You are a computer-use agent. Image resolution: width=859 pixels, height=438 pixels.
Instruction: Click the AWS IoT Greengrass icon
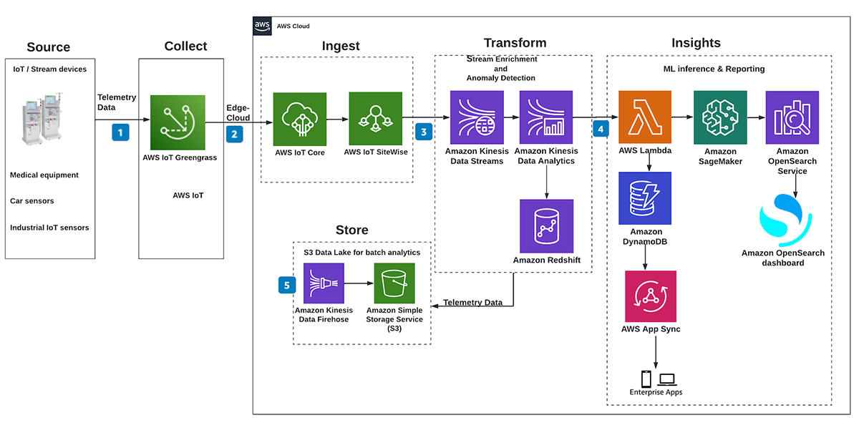pos(178,122)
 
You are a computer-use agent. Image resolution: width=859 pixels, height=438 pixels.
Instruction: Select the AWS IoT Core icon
pos(300,118)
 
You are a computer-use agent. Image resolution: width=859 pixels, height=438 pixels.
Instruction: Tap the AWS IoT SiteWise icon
pos(375,118)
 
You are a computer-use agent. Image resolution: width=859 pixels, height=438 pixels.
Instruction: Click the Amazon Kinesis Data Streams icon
pos(477,117)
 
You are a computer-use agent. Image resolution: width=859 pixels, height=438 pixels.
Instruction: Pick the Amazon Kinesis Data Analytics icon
pos(546,117)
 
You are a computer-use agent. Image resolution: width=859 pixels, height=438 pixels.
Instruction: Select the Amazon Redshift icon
pos(547,225)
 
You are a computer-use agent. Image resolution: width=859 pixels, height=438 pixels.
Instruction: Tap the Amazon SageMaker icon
pos(720,117)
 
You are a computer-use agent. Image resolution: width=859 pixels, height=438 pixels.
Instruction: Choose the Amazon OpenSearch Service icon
pos(792,117)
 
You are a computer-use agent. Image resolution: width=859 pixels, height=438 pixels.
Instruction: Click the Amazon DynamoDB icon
pos(645,198)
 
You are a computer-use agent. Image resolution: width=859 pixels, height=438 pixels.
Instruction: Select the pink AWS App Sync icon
pos(650,296)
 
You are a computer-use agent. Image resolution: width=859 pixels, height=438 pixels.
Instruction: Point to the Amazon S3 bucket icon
pos(394,283)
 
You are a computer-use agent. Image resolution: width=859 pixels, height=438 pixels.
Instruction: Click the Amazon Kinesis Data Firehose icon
pos(324,283)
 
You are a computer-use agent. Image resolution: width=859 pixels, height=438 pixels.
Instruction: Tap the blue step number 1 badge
pos(121,132)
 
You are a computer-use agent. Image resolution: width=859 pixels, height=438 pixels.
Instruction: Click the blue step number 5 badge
pos(286,285)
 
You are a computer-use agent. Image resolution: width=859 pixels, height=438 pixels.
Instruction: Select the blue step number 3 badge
pos(424,132)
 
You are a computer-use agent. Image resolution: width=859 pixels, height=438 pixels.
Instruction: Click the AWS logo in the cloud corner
pos(262,26)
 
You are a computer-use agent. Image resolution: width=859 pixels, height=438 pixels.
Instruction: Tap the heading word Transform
pos(515,43)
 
